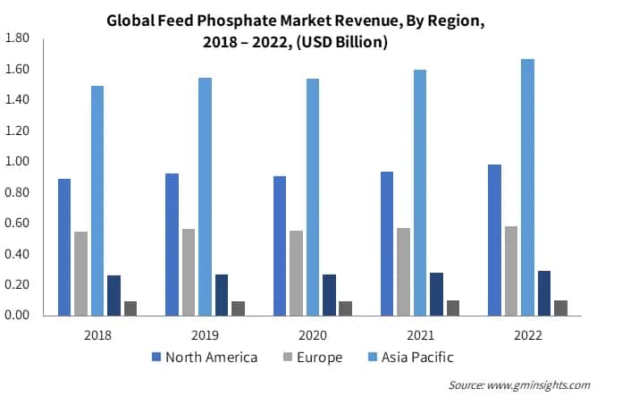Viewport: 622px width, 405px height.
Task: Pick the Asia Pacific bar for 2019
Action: [x=205, y=197]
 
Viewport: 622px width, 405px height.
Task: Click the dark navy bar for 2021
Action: [x=436, y=294]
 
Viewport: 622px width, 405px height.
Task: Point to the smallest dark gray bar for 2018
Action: [x=130, y=308]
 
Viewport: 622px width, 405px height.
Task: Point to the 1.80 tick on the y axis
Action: [x=18, y=38]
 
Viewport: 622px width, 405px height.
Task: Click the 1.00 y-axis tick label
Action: [x=18, y=162]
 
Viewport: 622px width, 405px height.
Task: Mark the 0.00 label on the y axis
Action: [x=18, y=316]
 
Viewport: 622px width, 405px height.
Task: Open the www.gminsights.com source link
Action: [x=540, y=385]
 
